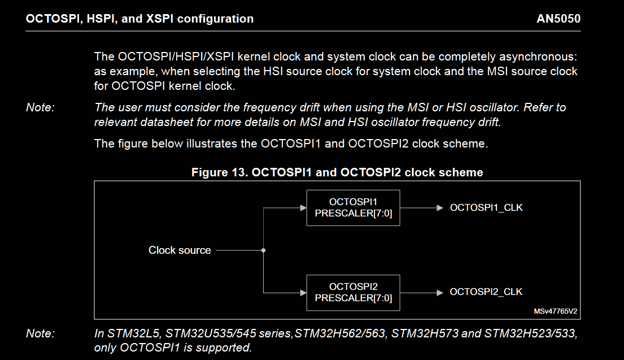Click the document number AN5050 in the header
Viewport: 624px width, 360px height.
pos(558,19)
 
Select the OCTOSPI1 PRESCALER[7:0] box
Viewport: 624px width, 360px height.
pos(353,207)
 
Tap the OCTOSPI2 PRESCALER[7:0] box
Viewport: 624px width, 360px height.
pos(353,292)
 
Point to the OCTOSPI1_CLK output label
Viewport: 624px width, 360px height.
pos(486,207)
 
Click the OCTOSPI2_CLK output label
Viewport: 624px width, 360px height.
pos(486,292)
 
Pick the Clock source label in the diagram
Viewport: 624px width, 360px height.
pos(180,250)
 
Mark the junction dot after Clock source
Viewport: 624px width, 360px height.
pos(264,250)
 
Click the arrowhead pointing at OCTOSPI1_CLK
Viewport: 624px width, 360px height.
pos(440,208)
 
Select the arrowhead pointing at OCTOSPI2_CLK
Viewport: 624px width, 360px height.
pos(440,292)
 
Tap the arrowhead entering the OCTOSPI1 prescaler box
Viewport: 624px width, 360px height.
pos(303,208)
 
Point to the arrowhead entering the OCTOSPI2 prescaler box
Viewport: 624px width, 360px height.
pos(303,292)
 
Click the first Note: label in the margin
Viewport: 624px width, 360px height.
pos(40,107)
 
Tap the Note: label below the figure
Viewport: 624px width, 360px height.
pos(40,334)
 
